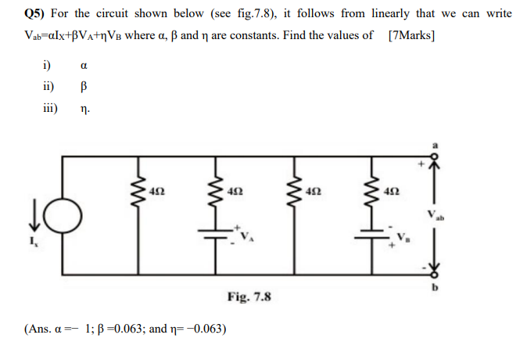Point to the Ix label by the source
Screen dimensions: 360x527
[34, 243]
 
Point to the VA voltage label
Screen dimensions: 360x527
[247, 236]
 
